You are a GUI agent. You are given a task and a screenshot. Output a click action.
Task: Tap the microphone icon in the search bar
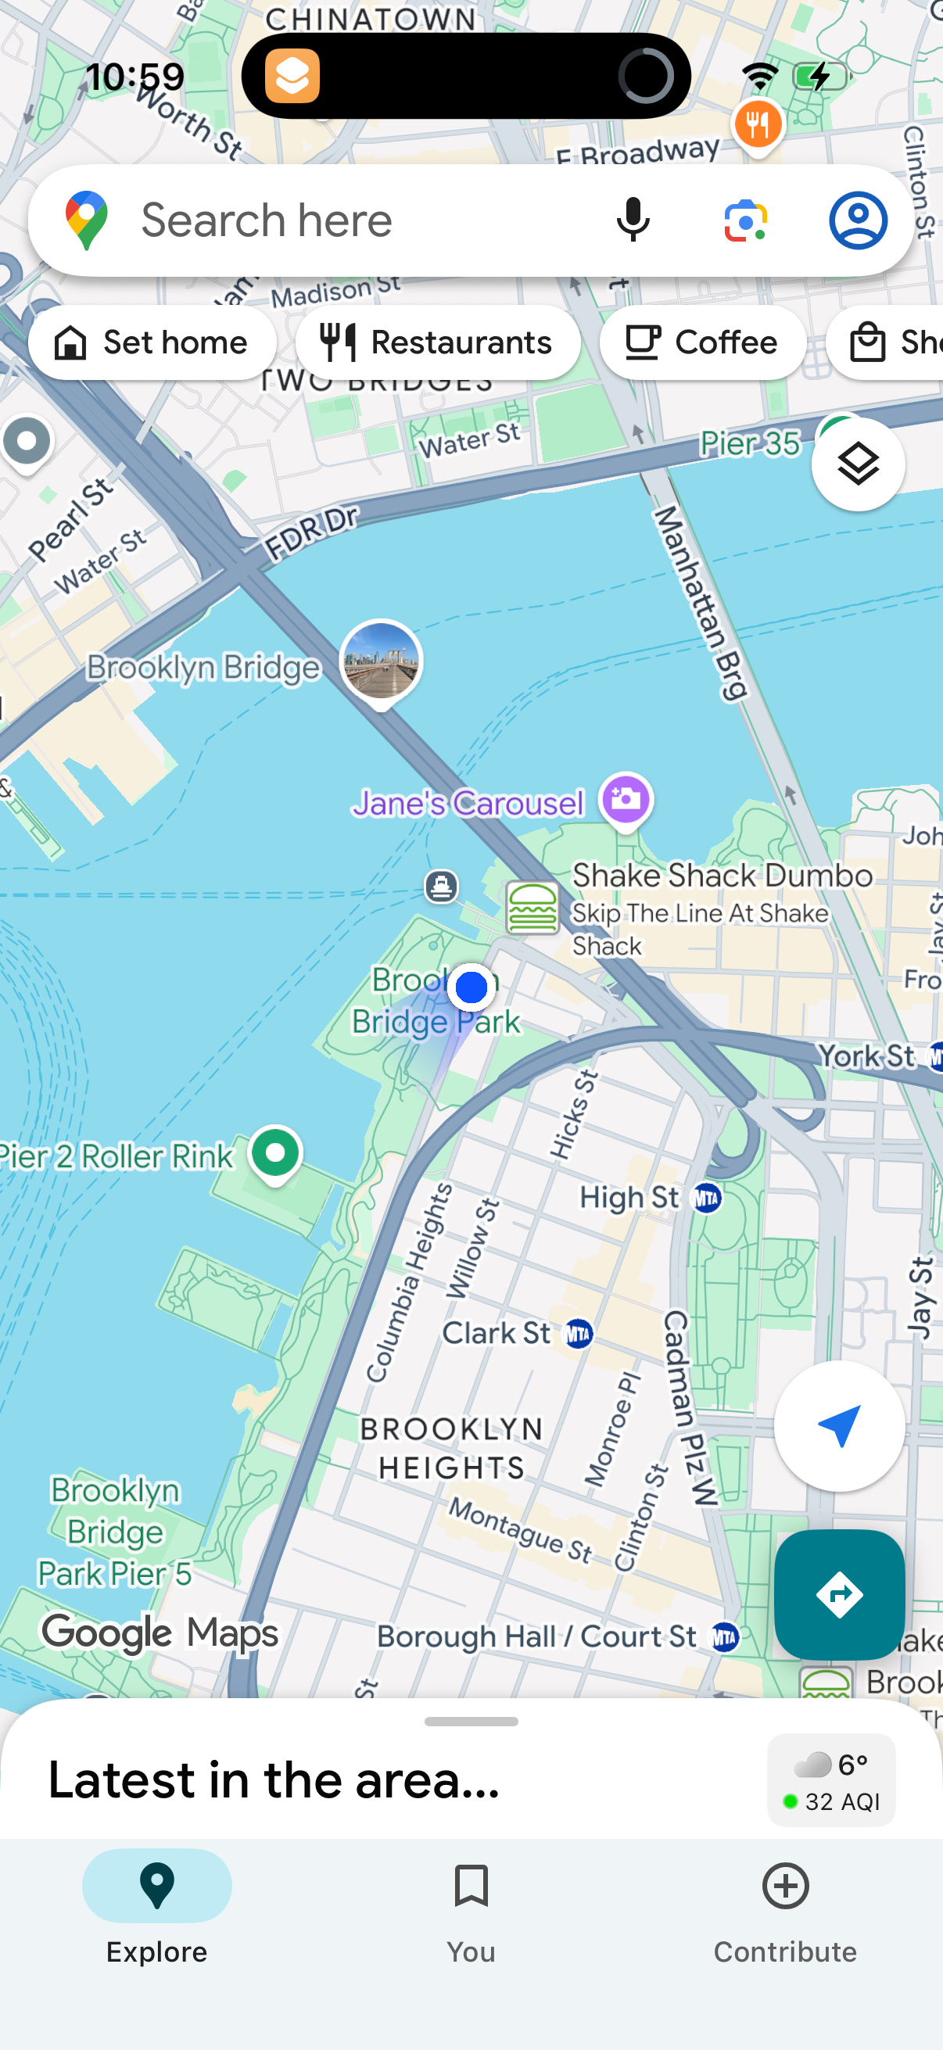[x=633, y=220]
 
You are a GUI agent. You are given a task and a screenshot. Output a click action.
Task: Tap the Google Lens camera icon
[x=746, y=220]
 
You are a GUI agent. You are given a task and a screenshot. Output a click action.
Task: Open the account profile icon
[x=858, y=220]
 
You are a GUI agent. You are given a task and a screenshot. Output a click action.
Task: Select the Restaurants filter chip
[x=437, y=342]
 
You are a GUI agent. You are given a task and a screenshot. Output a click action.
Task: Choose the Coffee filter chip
[x=702, y=342]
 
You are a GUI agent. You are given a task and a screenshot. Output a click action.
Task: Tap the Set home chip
[x=152, y=342]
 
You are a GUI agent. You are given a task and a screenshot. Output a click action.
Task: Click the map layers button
[x=858, y=464]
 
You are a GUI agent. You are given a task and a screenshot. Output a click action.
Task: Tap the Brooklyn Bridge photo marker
[x=381, y=661]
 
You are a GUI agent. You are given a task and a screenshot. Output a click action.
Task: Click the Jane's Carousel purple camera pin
[x=626, y=799]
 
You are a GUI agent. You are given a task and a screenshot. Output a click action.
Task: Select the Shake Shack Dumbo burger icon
[x=532, y=907]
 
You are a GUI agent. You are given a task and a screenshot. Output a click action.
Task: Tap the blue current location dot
[x=471, y=987]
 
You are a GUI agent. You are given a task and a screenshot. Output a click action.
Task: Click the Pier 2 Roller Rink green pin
[x=275, y=1153]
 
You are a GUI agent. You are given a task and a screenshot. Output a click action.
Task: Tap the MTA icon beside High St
[x=707, y=1198]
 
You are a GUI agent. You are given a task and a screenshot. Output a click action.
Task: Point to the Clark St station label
[x=497, y=1333]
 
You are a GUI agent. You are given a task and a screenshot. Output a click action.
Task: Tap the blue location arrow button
[x=839, y=1425]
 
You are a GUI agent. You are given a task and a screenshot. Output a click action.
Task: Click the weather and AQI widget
[x=831, y=1779]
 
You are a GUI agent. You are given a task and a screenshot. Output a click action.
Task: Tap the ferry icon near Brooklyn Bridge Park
[x=442, y=885]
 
